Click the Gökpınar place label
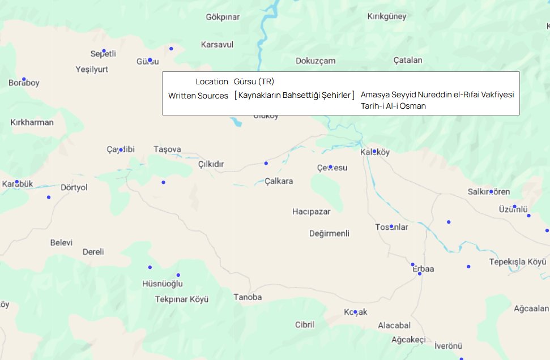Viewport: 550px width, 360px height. click(223, 17)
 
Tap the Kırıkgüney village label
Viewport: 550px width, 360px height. click(387, 16)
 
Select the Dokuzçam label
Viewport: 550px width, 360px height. click(315, 61)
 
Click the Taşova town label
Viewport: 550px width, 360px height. click(167, 149)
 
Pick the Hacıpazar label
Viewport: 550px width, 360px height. click(311, 211)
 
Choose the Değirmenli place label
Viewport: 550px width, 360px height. click(330, 233)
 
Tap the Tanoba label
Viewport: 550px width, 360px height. click(248, 297)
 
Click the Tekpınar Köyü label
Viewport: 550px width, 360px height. click(182, 299)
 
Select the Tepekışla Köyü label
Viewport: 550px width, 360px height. click(518, 262)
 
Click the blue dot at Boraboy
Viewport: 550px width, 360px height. click(24, 79)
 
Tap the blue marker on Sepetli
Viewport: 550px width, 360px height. click(104, 51)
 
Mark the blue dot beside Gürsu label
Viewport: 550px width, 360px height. click(150, 59)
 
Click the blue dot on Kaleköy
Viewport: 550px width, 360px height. click(374, 151)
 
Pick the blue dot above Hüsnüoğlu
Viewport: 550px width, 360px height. click(178, 275)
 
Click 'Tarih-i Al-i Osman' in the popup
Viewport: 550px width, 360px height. click(393, 106)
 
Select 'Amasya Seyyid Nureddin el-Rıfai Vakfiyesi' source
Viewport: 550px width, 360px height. click(437, 95)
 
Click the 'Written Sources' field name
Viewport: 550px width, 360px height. click(198, 96)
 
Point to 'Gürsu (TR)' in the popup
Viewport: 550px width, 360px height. click(254, 82)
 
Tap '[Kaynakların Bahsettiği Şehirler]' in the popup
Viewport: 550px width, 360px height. click(295, 95)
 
